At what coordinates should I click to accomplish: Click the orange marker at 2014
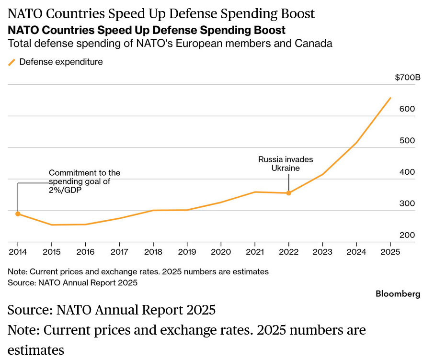coord(18,214)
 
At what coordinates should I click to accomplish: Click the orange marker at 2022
coord(289,193)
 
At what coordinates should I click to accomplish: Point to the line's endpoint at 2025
coord(390,98)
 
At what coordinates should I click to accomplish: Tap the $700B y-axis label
coord(408,78)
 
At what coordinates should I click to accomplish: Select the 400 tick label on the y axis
coord(407,172)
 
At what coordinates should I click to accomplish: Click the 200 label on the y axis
coord(407,235)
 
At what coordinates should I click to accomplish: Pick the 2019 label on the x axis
coord(187,252)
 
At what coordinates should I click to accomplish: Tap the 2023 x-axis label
coord(322,252)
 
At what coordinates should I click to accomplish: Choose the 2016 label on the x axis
coord(86,252)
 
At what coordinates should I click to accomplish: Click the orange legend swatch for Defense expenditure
coord(11,62)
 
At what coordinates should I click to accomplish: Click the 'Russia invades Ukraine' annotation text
coord(286,164)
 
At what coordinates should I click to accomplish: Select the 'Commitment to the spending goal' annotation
coord(84,181)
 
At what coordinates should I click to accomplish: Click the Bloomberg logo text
coord(398,293)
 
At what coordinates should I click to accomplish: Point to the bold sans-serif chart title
coord(147,30)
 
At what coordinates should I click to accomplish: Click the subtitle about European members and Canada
coord(170,44)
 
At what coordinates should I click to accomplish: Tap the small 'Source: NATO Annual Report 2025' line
coord(72,282)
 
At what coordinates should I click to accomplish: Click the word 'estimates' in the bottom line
coord(36,350)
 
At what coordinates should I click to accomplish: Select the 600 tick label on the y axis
coord(407,109)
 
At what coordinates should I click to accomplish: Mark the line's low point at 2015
coord(52,225)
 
